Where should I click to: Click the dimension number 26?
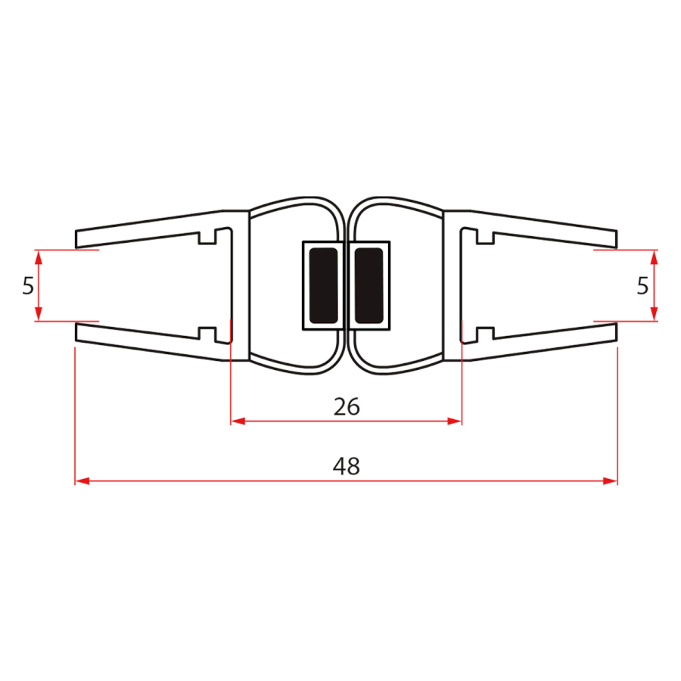[x=347, y=406]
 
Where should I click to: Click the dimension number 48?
[x=347, y=466]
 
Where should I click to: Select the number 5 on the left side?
[x=28, y=286]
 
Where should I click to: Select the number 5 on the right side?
[x=642, y=286]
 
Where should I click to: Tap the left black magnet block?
[x=324, y=285]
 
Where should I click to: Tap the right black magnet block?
[x=368, y=285]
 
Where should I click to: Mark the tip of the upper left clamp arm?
[x=77, y=238]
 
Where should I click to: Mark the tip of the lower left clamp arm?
[x=77, y=333]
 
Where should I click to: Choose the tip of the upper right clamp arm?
[x=615, y=238]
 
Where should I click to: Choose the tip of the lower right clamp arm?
[x=615, y=333]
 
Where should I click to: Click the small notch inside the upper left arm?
[x=207, y=238]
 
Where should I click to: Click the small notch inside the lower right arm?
[x=485, y=332]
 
